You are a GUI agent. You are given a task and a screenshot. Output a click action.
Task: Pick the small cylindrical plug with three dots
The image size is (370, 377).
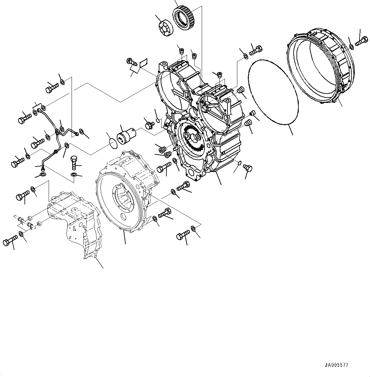(x=126, y=136)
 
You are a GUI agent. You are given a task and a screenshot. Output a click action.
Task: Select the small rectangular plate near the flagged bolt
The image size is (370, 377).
(x=143, y=62)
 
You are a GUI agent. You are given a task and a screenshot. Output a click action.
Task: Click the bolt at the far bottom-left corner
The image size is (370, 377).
(x=10, y=241)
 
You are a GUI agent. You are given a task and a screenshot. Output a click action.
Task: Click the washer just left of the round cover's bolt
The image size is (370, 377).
(x=351, y=47)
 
